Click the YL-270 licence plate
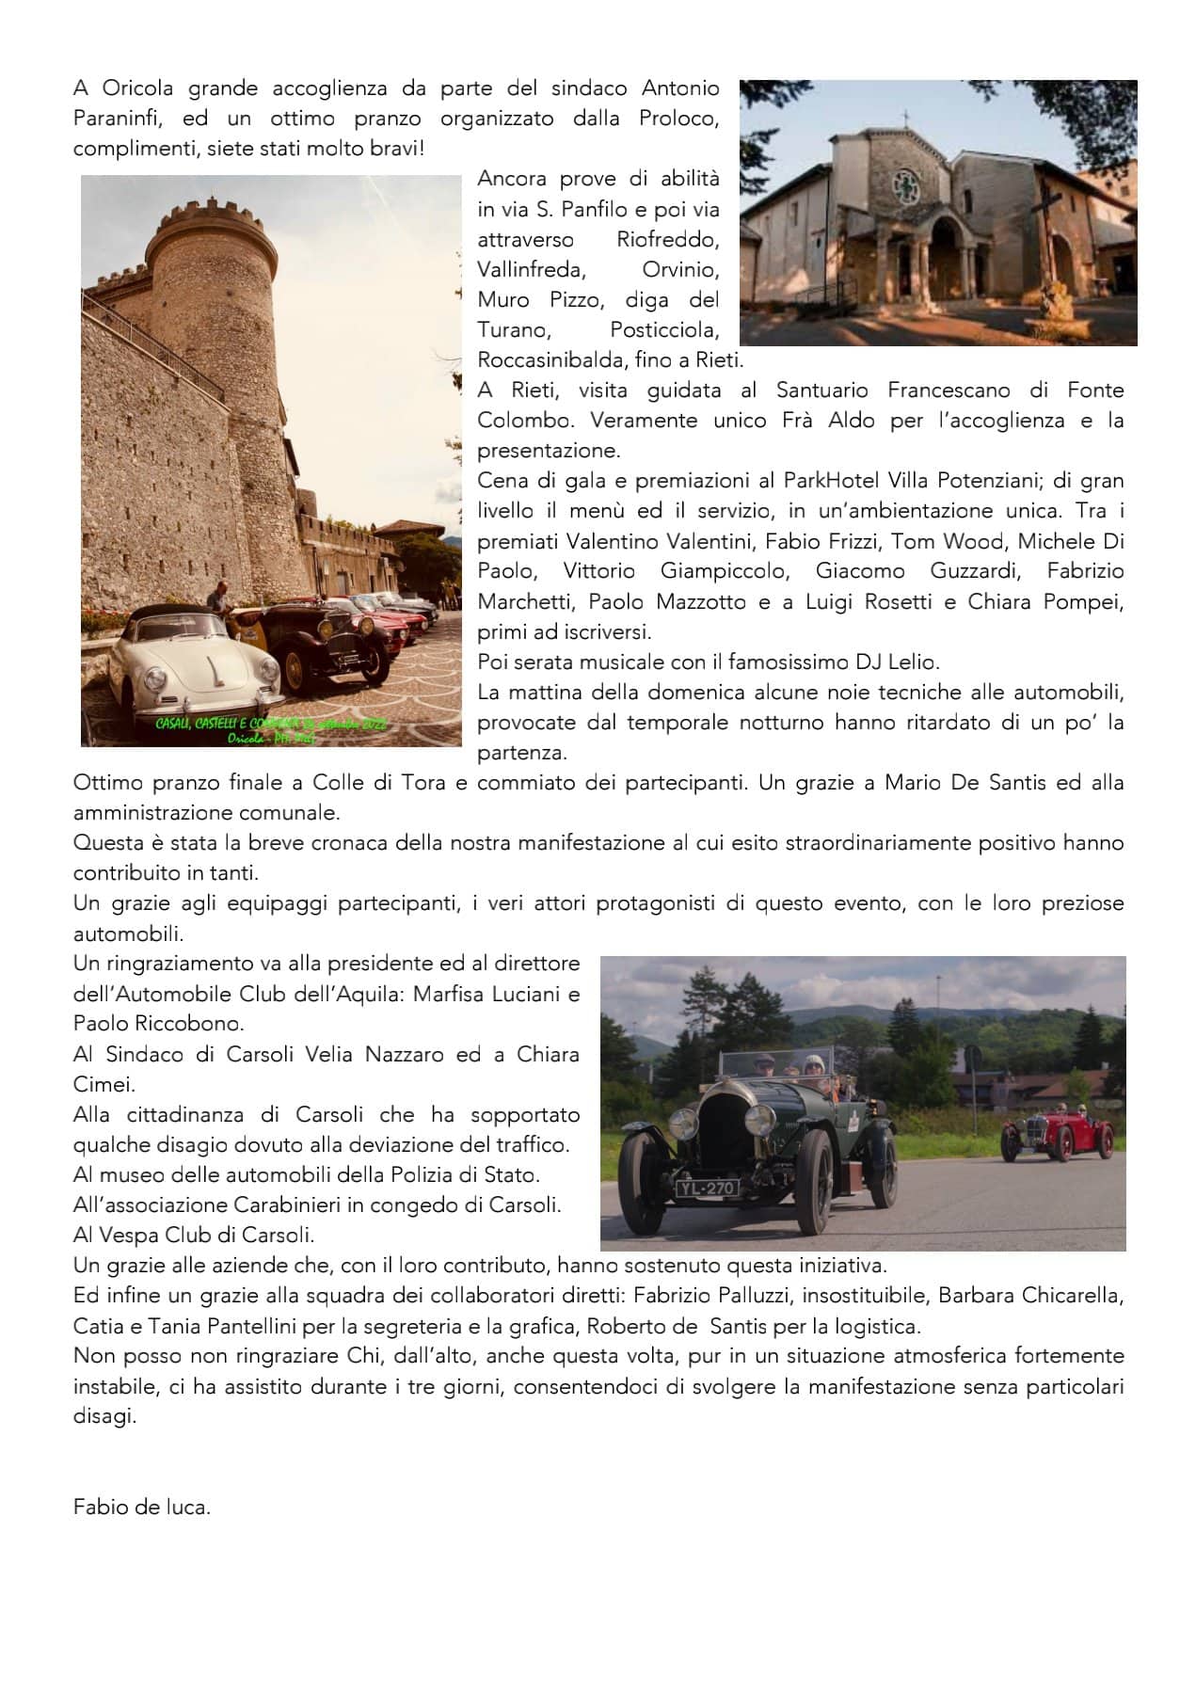pos(707,1188)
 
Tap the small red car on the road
pos(1057,1134)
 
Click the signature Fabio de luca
pos(141,1507)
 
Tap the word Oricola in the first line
pos(137,88)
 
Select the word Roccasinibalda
pos(544,359)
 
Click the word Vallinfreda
pos(531,269)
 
